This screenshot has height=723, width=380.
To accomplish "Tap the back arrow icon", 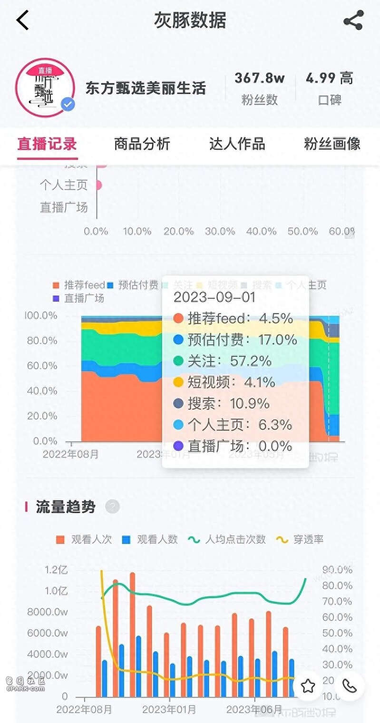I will [x=22, y=20].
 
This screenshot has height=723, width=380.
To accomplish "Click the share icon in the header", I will [x=353, y=20].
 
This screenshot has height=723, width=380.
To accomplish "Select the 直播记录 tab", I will [x=47, y=144].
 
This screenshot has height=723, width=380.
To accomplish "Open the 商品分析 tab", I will [x=142, y=144].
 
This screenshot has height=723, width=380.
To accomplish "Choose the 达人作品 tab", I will [x=237, y=144].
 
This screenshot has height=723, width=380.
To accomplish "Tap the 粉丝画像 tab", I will [x=332, y=144].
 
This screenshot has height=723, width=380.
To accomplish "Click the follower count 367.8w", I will [x=259, y=78].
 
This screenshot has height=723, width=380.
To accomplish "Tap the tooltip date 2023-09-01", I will [x=214, y=297].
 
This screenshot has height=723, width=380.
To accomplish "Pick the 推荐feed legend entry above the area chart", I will [x=79, y=285].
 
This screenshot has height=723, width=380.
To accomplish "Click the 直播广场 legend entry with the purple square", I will [x=78, y=298].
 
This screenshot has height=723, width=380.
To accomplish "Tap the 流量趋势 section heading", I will [x=66, y=507].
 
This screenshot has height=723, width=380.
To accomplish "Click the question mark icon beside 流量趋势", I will [x=112, y=507].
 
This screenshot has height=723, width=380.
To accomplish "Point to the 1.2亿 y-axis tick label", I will [x=56, y=570].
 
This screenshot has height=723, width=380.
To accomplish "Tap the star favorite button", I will [x=308, y=686].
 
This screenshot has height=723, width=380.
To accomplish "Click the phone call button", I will [x=350, y=686].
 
